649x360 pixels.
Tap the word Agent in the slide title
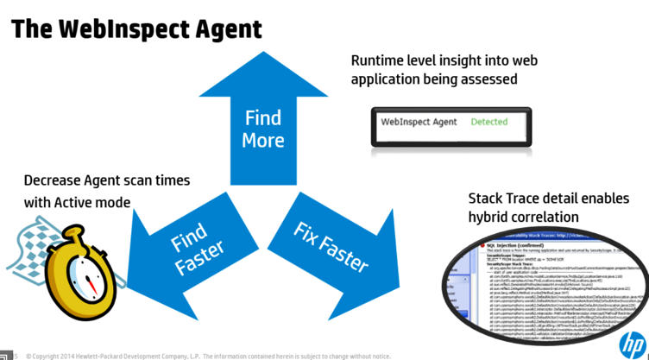[x=226, y=28]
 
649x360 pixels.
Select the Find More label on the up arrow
[x=263, y=129]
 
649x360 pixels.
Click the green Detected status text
[x=488, y=122]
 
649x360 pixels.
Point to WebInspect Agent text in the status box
[x=419, y=122]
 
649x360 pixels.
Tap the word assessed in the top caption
[x=489, y=79]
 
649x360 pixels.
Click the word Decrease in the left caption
[x=54, y=181]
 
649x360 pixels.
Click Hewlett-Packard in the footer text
[x=116, y=355]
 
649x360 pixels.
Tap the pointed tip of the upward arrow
[x=263, y=54]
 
